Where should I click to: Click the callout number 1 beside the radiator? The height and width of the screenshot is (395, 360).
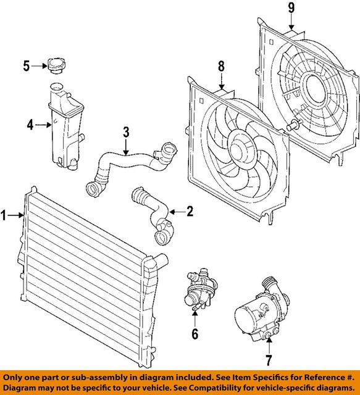[5, 215]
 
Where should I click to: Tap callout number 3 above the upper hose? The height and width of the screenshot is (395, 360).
[125, 131]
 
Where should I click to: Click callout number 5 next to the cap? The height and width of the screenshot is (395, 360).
[27, 64]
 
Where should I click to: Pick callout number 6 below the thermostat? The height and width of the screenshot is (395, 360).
[195, 336]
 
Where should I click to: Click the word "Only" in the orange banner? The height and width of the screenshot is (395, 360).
[15, 376]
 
